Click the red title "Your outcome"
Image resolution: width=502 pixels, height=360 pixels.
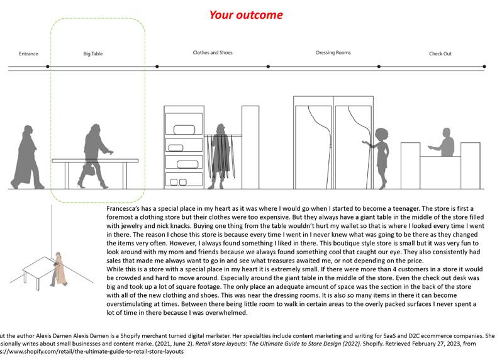point(245,14)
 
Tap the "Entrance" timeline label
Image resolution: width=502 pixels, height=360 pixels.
point(29,54)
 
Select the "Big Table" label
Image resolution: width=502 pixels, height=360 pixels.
point(92,54)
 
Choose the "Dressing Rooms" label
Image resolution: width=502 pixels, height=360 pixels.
point(333,53)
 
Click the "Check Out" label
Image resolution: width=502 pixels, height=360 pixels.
point(440,54)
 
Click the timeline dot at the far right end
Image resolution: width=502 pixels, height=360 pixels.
point(484,66)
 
